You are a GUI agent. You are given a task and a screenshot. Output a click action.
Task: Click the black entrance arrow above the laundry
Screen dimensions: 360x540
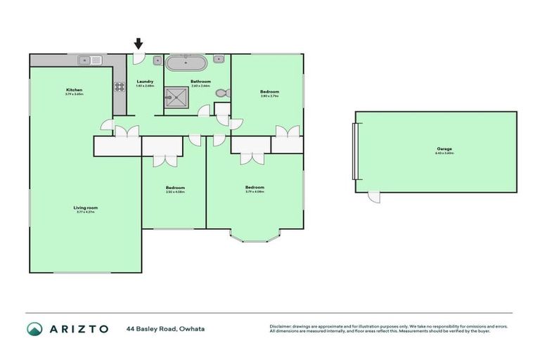[139, 44]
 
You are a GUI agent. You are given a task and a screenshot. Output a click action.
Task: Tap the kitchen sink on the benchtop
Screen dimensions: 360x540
[91, 60]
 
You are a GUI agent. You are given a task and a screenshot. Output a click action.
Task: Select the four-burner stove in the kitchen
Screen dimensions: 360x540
[120, 88]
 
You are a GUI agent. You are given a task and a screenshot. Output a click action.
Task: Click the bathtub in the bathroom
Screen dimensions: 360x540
[186, 62]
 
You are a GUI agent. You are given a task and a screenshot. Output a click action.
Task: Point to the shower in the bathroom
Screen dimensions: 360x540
[177, 98]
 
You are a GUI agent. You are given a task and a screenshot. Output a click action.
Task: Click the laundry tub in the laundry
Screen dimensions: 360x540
[157, 61]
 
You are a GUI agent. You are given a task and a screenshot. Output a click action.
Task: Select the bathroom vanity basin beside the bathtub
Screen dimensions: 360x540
[219, 60]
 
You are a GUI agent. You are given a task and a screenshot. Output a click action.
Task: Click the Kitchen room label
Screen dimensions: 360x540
[75, 90]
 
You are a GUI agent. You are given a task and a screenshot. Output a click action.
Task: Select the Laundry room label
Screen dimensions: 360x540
[145, 82]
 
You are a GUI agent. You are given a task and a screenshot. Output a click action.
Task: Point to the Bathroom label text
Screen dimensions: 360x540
[201, 82]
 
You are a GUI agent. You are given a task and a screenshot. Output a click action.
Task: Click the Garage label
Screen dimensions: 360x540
[444, 149]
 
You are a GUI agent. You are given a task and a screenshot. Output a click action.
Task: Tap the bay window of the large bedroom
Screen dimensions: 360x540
[255, 236]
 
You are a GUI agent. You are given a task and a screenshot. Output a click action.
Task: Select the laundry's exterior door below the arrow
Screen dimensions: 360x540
[139, 59]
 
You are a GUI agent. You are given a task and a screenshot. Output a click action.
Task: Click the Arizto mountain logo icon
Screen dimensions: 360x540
[34, 328]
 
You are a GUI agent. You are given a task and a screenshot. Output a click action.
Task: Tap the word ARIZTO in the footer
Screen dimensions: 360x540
[78, 328]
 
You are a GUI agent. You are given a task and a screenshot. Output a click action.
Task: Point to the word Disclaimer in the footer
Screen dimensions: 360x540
[281, 326]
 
